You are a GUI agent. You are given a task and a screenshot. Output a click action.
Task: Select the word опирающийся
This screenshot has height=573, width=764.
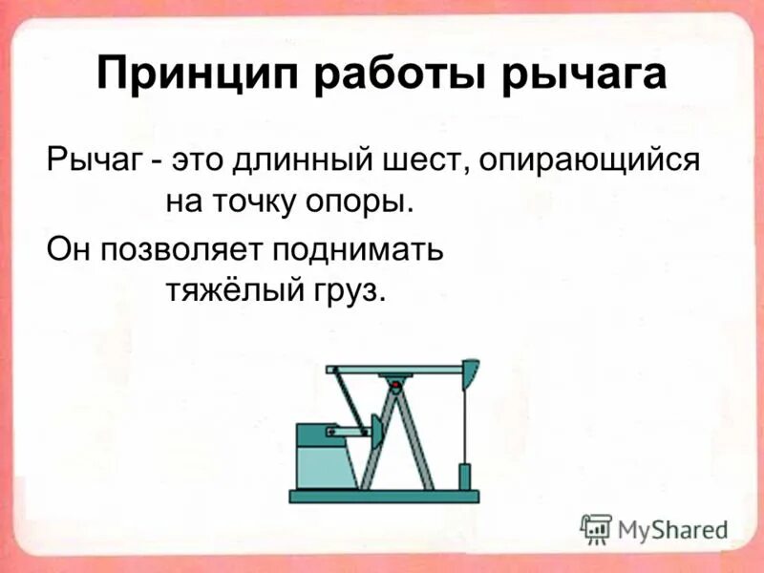point(589,159)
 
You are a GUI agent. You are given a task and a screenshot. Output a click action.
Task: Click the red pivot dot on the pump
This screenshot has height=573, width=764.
point(393,383)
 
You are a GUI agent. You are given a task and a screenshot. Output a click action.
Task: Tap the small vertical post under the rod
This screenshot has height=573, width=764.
point(465,477)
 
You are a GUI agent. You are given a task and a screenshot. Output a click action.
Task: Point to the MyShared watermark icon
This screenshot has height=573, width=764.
point(596,528)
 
